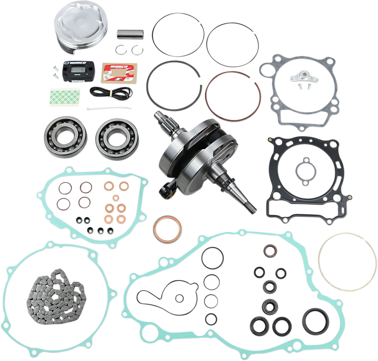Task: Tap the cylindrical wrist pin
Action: (x=130, y=34)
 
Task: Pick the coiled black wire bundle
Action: (x=111, y=92)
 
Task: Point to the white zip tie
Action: (x=109, y=108)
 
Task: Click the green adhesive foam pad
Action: (x=65, y=97)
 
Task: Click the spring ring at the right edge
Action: (x=347, y=262)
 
